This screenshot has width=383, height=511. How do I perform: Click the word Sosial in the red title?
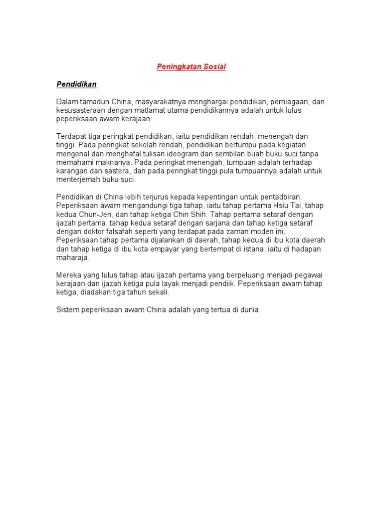click(214, 66)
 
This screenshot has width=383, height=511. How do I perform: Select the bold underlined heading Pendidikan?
click(76, 84)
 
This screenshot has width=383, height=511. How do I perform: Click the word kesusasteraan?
click(80, 110)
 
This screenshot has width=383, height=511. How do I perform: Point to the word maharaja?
click(72, 257)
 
